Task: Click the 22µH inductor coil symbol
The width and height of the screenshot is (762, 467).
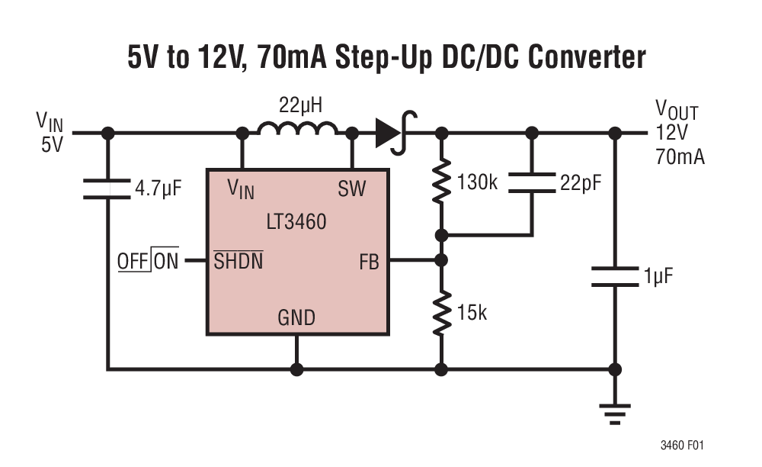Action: (297, 130)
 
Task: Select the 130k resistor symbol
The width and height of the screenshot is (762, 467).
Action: (440, 182)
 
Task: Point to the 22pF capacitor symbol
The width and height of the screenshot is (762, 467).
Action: (532, 183)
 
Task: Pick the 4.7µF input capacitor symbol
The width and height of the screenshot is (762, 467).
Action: (107, 189)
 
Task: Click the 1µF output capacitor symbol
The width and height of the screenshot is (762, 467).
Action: (614, 276)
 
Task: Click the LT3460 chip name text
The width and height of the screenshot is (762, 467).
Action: (297, 223)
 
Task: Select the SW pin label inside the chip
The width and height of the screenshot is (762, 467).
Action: (351, 190)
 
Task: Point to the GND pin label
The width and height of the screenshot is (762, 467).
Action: (296, 317)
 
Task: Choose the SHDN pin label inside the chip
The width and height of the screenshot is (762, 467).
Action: (239, 262)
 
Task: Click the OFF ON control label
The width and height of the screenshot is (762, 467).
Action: (148, 262)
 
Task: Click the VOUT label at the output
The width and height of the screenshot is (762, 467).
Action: (676, 111)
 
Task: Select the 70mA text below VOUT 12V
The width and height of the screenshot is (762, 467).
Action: (680, 157)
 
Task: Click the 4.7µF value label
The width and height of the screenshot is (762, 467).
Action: (158, 188)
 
